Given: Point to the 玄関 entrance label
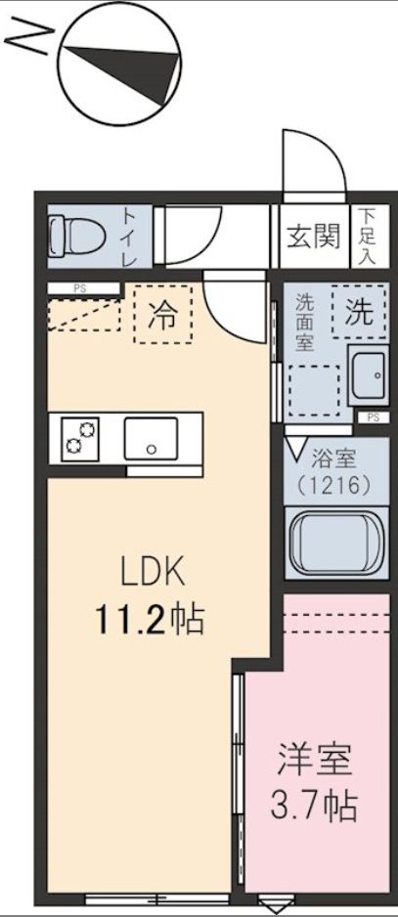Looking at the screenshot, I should (314, 235).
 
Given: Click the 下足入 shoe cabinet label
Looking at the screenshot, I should (366, 236).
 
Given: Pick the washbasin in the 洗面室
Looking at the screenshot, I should (369, 374).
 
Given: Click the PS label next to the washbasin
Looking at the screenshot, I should (372, 417).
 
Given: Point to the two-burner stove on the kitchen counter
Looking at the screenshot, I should (81, 438).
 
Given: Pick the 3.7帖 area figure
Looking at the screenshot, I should (313, 807).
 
